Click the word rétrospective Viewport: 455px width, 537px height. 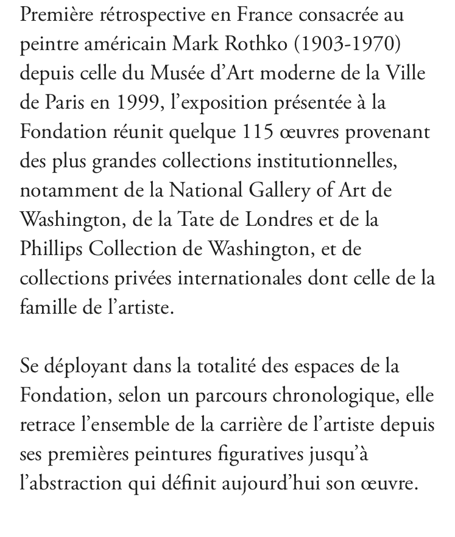tap(139, 15)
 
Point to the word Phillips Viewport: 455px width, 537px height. tap(52, 249)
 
